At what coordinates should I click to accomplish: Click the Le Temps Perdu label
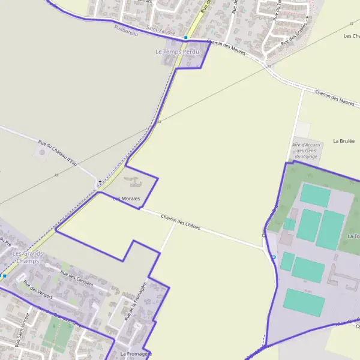click(176, 52)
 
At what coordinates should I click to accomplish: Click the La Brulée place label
click(344, 141)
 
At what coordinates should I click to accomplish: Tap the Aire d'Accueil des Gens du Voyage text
click(305, 150)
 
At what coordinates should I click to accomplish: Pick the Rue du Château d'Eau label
click(58, 153)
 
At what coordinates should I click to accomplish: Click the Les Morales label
click(126, 198)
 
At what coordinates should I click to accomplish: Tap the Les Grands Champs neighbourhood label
click(26, 257)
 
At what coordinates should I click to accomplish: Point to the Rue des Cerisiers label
click(77, 278)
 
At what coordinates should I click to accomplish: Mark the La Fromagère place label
click(136, 354)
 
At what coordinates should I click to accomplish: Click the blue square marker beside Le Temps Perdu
click(186, 37)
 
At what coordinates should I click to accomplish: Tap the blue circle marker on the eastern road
click(273, 257)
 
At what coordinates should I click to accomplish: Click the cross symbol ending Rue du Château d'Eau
click(100, 181)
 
